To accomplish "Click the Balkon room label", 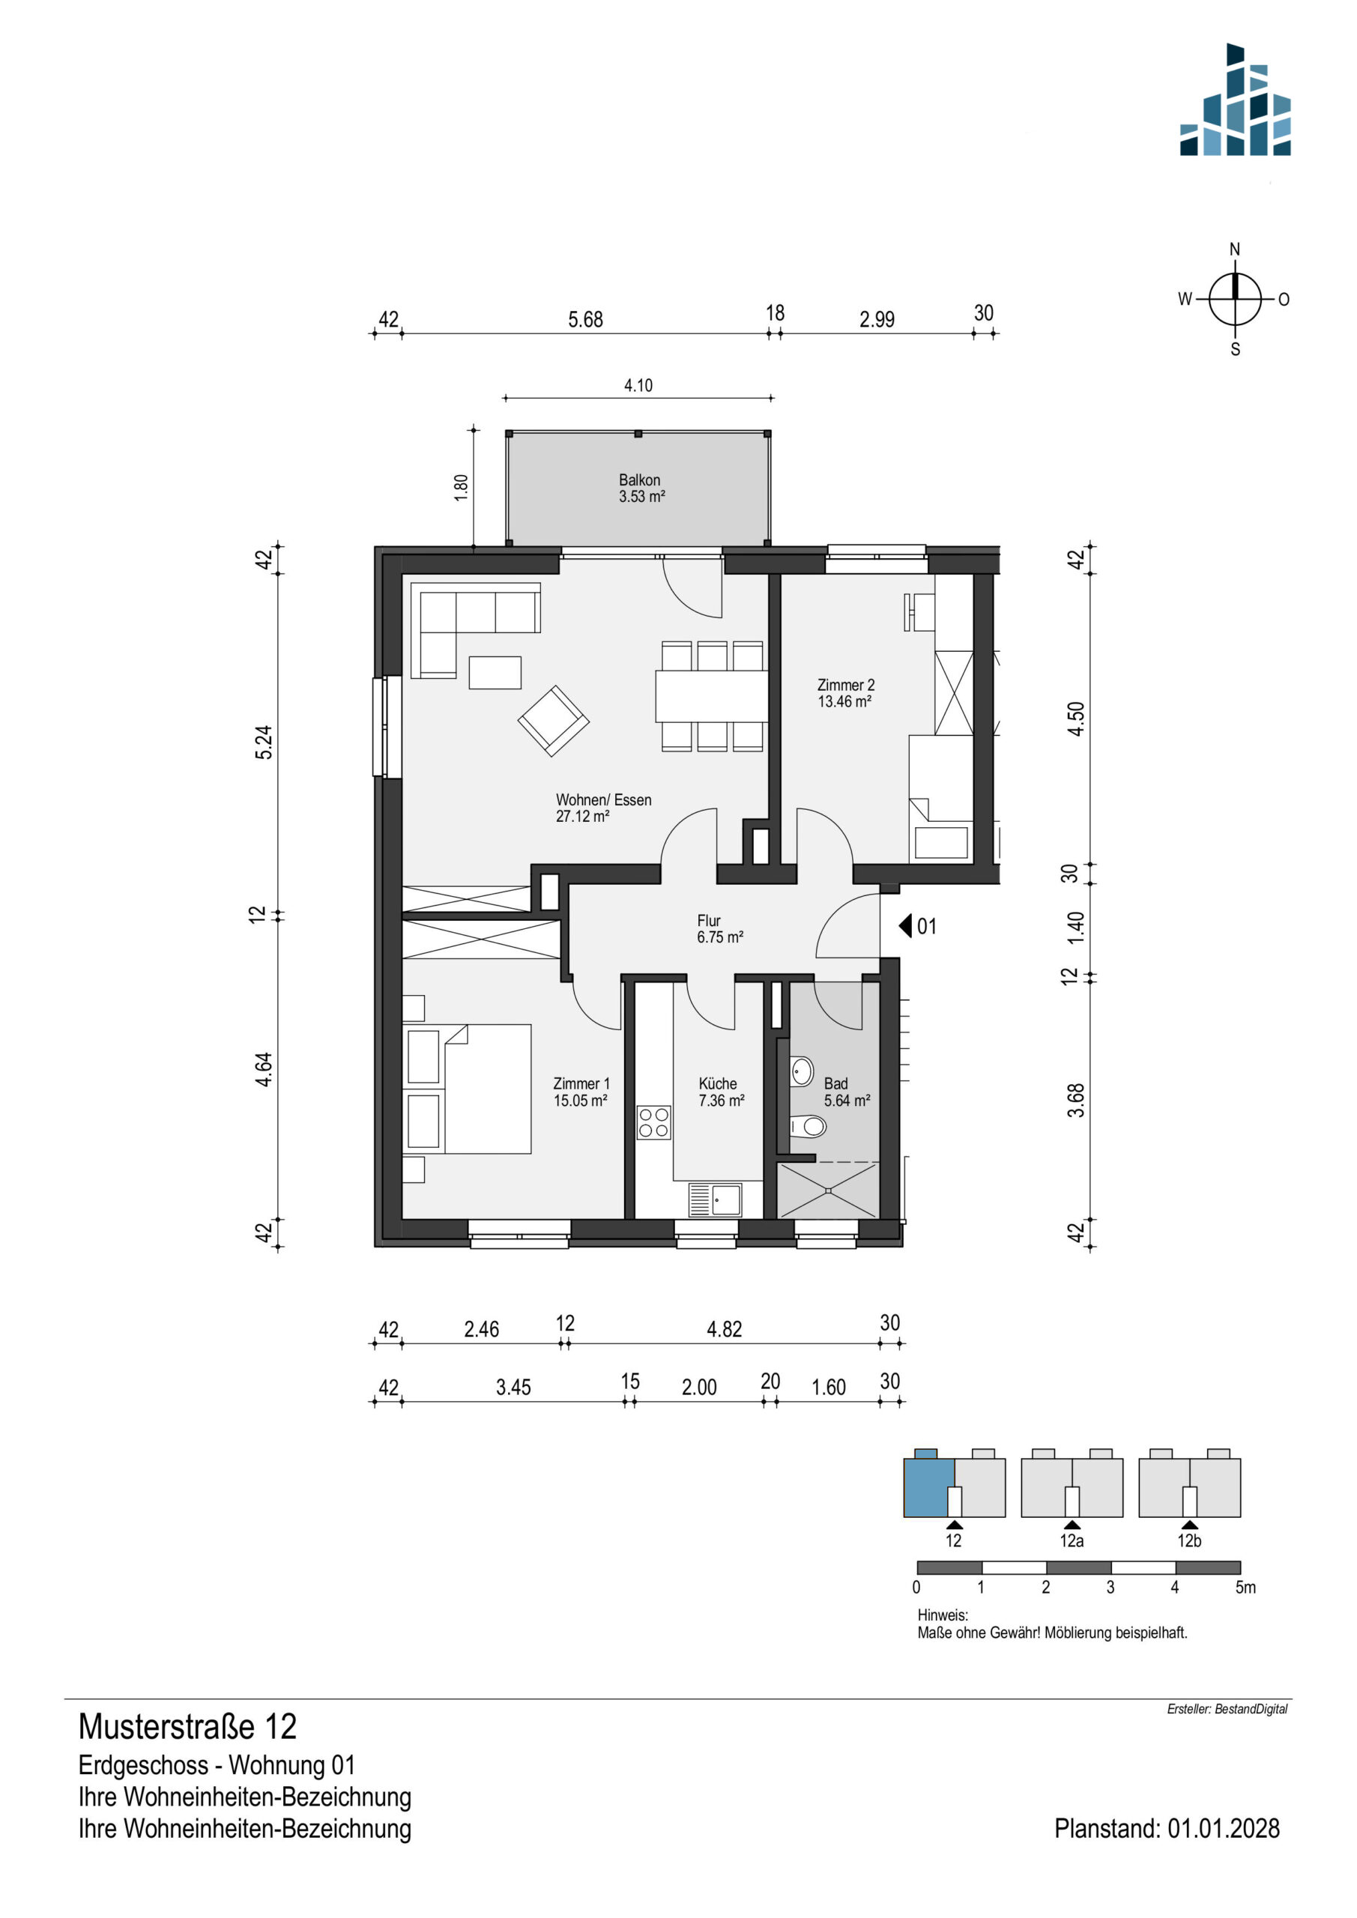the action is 641,488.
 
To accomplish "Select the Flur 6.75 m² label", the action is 719,929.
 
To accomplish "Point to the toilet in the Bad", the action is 809,1127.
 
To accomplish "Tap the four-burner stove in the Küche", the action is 653,1123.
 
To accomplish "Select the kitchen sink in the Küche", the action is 714,1200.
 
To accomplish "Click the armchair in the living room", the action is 553,721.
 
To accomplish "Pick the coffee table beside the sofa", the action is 495,673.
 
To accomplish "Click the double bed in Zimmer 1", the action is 468,1089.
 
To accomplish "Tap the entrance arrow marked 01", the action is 905,927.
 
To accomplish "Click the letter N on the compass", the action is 1234,249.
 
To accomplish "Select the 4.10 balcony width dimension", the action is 638,386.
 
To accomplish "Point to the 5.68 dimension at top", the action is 585,319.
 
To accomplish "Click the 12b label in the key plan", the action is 1189,1540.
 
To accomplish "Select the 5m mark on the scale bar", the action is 1245,1587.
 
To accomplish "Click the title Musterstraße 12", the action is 187,1727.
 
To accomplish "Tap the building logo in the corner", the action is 1235,100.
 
